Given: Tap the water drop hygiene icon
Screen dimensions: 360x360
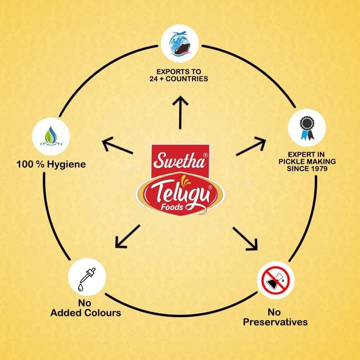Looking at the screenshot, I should click(x=51, y=136).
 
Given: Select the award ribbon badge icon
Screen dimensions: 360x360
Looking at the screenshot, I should click(x=307, y=128).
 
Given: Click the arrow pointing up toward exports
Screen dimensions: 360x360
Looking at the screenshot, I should click(x=180, y=112).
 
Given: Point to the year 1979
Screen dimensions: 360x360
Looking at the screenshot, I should click(x=318, y=169).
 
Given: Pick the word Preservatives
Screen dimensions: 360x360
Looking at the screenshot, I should click(x=275, y=322).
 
